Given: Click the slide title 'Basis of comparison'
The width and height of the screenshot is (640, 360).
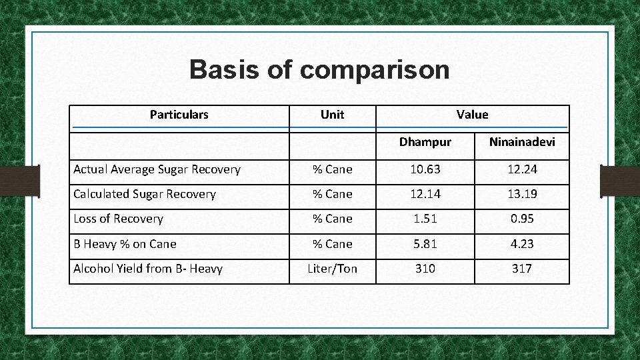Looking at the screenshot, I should coord(319,69).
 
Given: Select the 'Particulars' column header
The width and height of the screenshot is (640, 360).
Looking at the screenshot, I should coord(179,115).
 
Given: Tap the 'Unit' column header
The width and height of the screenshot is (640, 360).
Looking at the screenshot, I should coord(332,115).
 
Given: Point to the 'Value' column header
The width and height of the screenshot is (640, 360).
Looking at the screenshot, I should coord(472,115).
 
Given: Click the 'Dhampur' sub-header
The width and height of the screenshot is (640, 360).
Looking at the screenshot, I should coord(425,142).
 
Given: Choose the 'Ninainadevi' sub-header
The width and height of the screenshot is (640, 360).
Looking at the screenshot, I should coord(522,142).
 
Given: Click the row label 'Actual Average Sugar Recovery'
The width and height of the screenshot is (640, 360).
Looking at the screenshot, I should coord(157,169).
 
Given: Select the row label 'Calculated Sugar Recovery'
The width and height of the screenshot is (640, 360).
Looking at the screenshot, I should coord(145,194).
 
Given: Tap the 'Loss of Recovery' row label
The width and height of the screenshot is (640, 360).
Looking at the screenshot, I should coord(118,219).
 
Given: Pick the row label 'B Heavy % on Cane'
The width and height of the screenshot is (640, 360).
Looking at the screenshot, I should coord(125,244).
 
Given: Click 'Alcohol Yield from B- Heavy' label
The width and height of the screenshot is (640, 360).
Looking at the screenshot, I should coord(148,269).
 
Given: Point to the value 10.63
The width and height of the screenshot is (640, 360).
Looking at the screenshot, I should coord(425,169).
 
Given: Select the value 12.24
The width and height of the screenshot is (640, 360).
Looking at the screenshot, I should coord(522,169).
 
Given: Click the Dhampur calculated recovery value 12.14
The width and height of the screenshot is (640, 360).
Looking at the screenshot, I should coord(425,194).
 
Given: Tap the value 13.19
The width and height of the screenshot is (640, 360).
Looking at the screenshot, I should coord(522,194).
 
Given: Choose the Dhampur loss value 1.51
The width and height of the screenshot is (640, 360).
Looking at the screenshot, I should coord(425,219).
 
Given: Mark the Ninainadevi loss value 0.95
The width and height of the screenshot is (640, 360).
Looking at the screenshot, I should coord(522,219).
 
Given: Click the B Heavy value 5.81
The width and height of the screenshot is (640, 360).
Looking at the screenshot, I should coord(425,244).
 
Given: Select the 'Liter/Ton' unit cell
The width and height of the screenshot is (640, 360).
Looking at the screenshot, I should coord(332,269).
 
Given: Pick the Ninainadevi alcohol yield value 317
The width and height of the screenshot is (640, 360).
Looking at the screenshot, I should coord(522,269).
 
